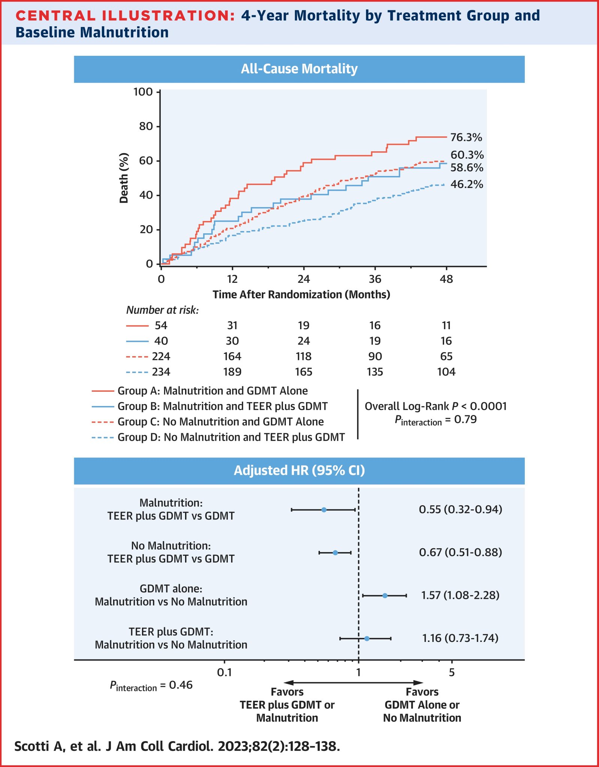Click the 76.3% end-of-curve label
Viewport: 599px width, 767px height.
coord(466,137)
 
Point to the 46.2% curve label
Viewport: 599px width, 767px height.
coord(466,184)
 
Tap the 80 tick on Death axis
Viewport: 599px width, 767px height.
coord(146,126)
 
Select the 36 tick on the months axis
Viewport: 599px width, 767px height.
coord(375,279)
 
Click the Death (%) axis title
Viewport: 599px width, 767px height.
coord(124,178)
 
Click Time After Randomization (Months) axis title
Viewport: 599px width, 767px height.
coord(301,294)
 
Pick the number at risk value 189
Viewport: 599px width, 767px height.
coord(232,372)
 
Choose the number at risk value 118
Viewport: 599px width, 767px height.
coord(303,356)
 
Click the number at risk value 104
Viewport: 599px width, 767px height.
coord(446,372)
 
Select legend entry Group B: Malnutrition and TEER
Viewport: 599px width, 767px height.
coord(223,406)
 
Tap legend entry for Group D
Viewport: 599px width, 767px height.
coord(231,437)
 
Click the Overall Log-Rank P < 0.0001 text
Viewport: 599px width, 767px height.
coord(435,406)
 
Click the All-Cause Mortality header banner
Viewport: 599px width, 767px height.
coord(299,69)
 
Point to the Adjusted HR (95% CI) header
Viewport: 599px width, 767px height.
coord(299,470)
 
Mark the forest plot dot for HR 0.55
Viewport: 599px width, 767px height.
coord(324,510)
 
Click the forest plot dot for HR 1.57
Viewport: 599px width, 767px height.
coord(385,595)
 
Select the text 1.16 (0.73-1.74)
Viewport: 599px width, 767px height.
coord(460,638)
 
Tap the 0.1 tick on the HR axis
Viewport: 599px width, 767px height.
coord(224,672)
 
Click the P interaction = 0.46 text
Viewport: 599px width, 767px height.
coord(151,685)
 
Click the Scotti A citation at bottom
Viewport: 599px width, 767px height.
coord(177,746)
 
